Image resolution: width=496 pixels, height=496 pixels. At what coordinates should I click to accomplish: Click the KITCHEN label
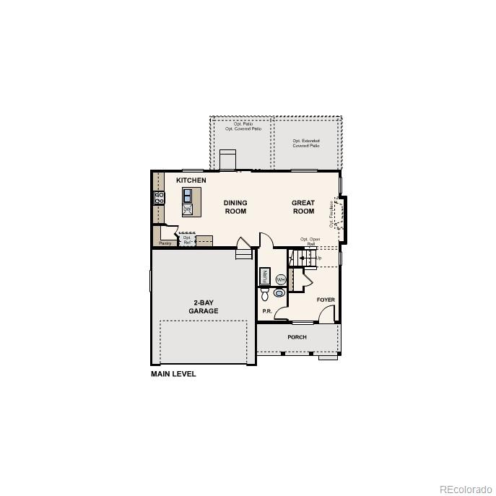click(x=191, y=180)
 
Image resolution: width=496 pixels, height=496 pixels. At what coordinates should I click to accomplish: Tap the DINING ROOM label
click(x=235, y=207)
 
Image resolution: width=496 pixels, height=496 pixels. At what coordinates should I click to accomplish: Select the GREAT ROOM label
click(x=303, y=207)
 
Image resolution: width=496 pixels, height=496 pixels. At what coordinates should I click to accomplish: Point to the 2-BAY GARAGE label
click(x=204, y=307)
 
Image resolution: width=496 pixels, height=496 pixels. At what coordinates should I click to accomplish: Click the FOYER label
click(x=326, y=299)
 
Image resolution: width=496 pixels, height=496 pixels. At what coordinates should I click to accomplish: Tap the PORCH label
click(x=297, y=337)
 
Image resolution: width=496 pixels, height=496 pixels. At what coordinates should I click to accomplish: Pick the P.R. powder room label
click(x=266, y=311)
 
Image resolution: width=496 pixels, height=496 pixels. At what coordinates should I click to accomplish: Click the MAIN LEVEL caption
click(x=173, y=374)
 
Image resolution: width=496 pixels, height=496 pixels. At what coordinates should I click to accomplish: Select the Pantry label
click(x=165, y=243)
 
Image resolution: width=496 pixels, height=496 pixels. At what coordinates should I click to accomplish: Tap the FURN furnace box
click(x=265, y=277)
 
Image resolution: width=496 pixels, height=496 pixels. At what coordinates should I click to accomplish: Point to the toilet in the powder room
click(x=264, y=295)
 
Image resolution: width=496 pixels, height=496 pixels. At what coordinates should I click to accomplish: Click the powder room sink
click(x=279, y=293)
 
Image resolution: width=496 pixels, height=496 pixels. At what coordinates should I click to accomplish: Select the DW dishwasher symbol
click(x=187, y=209)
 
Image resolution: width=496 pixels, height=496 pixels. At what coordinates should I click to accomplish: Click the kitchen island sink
click(x=188, y=195)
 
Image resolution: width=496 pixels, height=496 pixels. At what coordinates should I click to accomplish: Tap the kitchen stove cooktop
click(x=159, y=197)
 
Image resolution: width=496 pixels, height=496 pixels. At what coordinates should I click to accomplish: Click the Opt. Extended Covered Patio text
click(x=306, y=143)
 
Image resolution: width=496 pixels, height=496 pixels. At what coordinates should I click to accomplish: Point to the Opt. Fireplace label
click(x=332, y=213)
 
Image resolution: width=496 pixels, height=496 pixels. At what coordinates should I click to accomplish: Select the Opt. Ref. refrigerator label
click(x=187, y=240)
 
